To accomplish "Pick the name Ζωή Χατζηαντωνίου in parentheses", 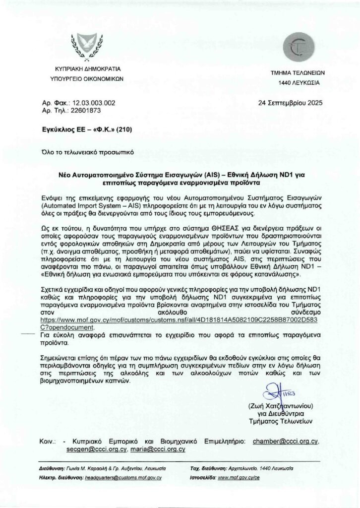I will click(x=283, y=406).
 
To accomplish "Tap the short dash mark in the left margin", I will click(x=31, y=335).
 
